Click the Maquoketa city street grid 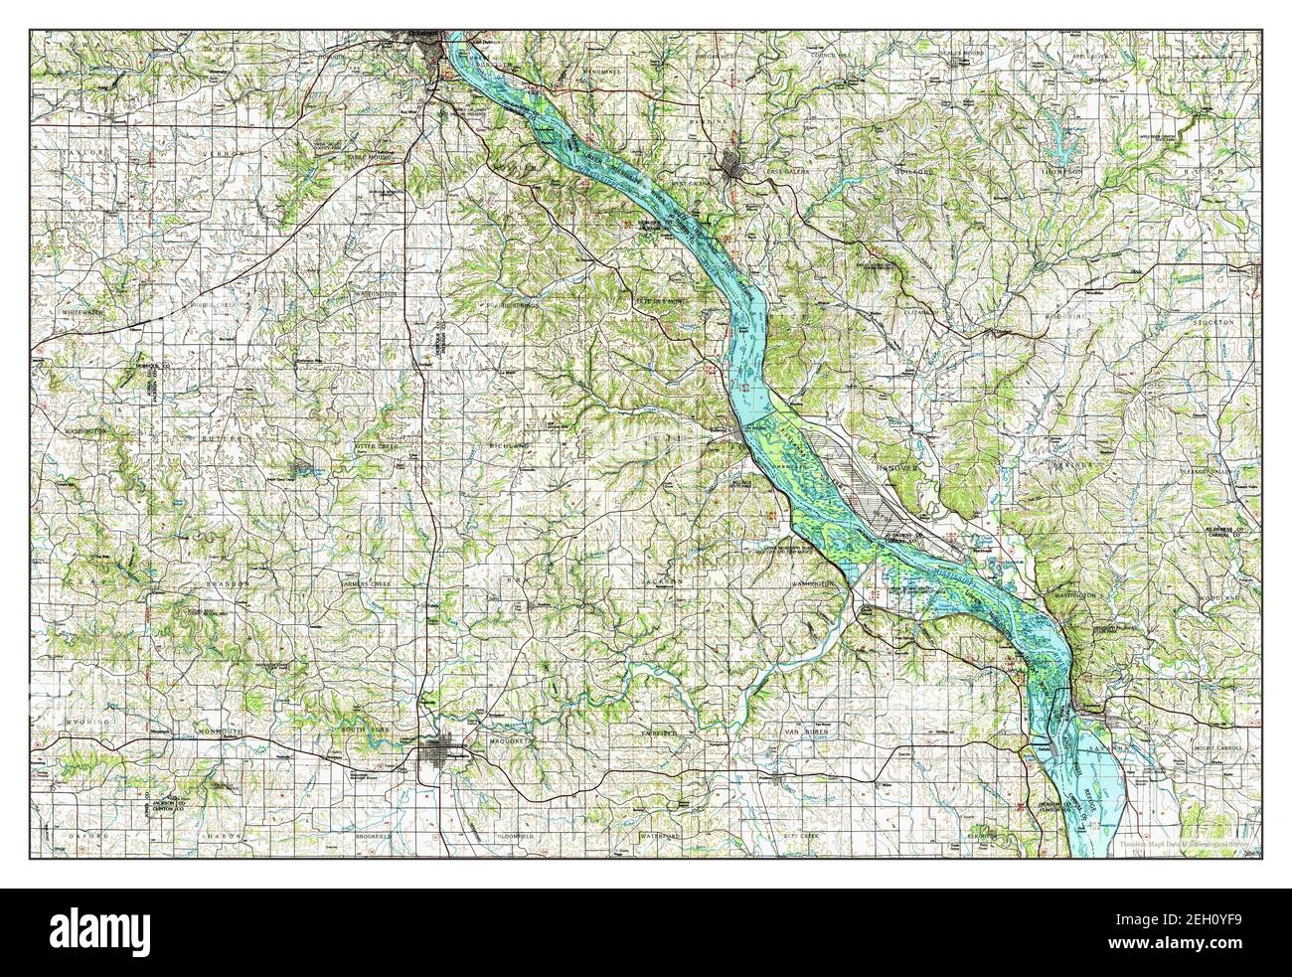coord(439,759)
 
